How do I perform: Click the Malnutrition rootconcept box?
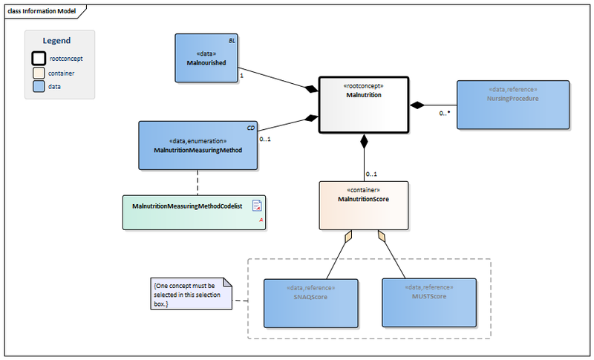point(364,104)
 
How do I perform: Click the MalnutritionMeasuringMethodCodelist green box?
point(194,212)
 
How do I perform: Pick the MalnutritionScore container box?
point(364,206)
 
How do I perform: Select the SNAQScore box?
point(310,303)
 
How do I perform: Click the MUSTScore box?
point(428,303)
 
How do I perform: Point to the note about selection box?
point(189,293)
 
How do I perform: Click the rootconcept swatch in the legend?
point(38,58)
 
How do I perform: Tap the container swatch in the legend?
point(38,73)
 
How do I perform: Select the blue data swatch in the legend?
point(38,86)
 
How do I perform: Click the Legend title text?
point(56,41)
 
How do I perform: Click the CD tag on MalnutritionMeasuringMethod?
point(250,127)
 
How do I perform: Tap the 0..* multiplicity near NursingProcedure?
point(445,114)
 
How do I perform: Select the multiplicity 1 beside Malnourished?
point(242,75)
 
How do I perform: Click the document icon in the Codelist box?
point(257,206)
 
